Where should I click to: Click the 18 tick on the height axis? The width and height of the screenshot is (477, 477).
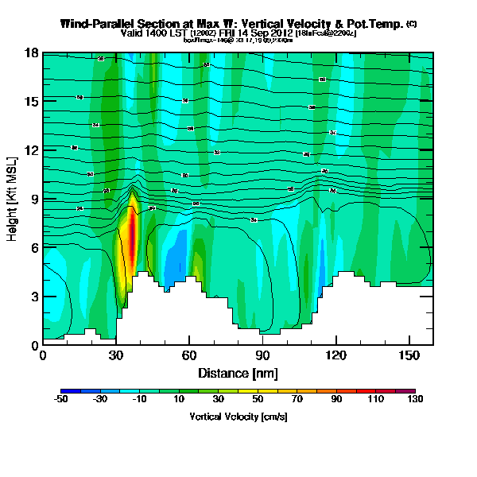(30, 53)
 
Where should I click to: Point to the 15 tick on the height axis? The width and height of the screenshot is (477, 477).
(30, 101)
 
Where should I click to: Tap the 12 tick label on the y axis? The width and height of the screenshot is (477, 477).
(30, 150)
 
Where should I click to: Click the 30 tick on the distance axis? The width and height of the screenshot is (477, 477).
(115, 355)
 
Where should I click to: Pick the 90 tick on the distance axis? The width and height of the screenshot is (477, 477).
(262, 355)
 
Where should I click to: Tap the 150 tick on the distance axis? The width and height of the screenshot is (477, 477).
(409, 355)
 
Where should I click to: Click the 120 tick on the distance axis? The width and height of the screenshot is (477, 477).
(335, 355)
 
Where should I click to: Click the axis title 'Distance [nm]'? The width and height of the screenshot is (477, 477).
(236, 372)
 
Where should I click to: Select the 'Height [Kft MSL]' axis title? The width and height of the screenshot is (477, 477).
(14, 199)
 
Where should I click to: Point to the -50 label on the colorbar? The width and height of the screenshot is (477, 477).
(61, 400)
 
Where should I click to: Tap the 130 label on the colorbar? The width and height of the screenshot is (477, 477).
(414, 400)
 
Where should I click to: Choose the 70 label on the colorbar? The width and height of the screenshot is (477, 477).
(297, 400)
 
